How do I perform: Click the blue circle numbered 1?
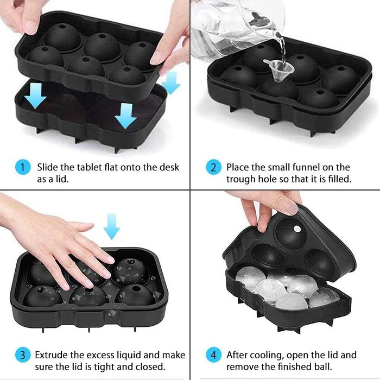(x=23, y=167)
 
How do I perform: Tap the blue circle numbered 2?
(x=213, y=167)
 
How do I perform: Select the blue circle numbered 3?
(x=23, y=355)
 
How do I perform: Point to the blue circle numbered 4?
(x=213, y=355)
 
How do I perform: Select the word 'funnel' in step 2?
(x=308, y=167)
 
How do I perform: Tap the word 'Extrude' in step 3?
(x=52, y=355)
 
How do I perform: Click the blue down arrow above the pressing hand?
(x=111, y=226)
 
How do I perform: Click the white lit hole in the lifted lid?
(x=296, y=229)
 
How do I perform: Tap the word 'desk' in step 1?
(x=169, y=167)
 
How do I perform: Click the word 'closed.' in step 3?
(x=150, y=367)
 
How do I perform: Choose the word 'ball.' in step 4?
(x=322, y=367)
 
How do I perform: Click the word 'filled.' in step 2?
(x=339, y=179)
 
